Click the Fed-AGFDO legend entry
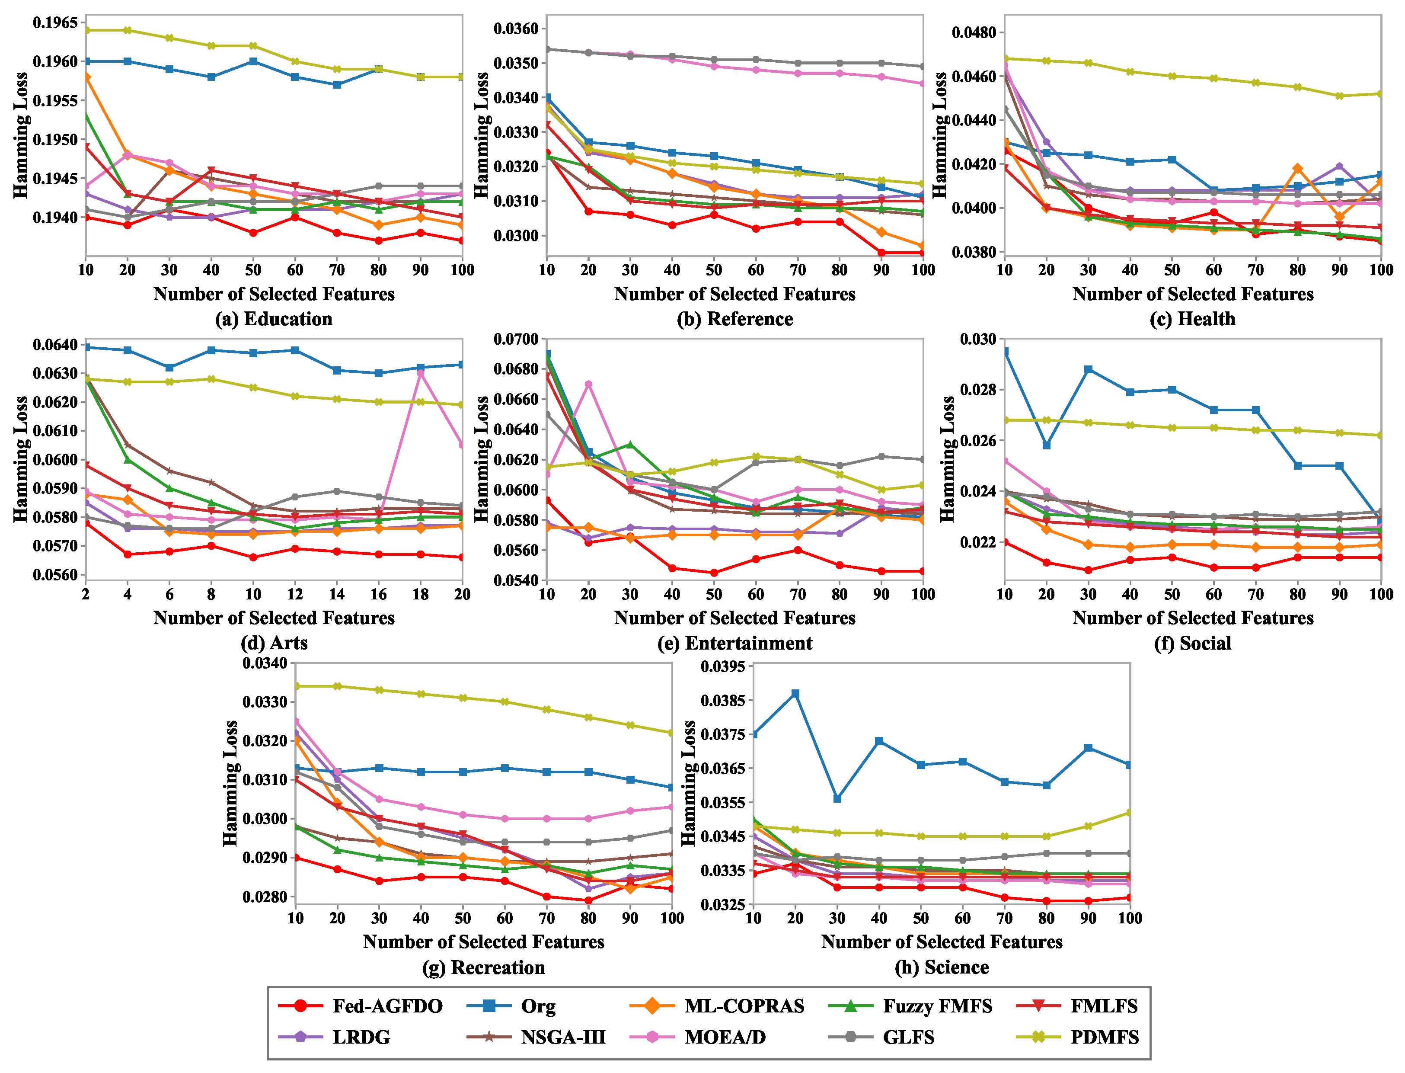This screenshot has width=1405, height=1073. click(x=361, y=1006)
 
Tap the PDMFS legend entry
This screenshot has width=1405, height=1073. click(x=1078, y=1037)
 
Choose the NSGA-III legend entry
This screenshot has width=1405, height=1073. click(x=536, y=1037)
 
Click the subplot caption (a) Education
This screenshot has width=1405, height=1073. click(x=274, y=319)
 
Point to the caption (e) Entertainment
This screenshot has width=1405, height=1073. click(x=735, y=643)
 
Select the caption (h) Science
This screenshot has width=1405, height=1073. click(x=942, y=967)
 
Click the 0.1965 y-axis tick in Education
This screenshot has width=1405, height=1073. click(x=55, y=23)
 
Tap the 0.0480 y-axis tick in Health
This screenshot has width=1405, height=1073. click(x=974, y=32)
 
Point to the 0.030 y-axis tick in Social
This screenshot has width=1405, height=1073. click(x=979, y=339)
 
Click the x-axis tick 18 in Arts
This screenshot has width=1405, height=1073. click(x=420, y=594)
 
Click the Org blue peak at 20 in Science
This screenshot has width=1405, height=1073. click(x=795, y=694)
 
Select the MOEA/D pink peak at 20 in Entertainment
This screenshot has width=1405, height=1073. click(x=588, y=384)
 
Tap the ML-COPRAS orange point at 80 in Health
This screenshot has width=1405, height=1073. click(x=1298, y=169)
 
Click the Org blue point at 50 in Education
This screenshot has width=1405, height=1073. click(x=253, y=61)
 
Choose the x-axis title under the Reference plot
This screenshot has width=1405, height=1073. click(x=735, y=294)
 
